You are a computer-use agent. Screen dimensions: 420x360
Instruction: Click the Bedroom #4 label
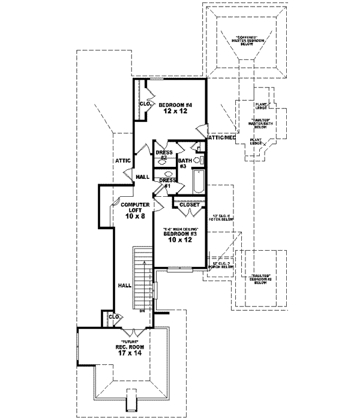[175, 105]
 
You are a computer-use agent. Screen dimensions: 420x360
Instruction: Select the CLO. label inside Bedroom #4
[145, 104]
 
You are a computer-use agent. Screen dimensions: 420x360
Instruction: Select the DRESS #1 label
[167, 182]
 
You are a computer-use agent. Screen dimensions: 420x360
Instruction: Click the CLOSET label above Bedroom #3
[190, 205]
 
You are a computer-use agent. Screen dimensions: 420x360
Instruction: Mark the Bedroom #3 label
[180, 235]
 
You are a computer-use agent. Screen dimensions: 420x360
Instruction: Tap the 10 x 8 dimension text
[133, 216]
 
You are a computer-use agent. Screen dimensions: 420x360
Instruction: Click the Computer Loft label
[133, 207]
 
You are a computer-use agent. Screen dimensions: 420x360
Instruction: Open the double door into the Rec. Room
[131, 332]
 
